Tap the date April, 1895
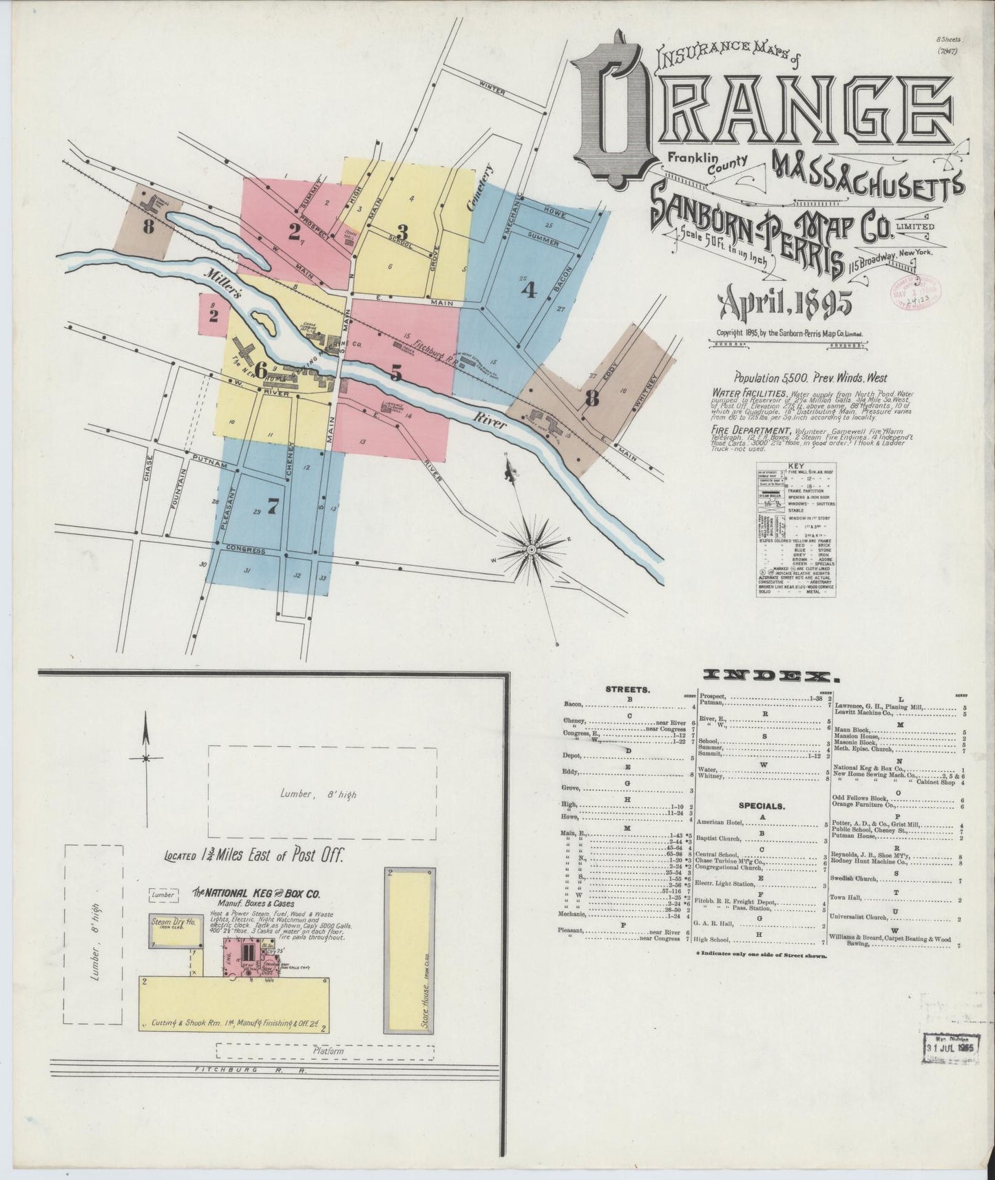click(785, 304)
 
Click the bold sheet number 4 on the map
click(528, 290)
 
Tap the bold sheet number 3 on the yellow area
click(402, 231)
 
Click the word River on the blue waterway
click(490, 421)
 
